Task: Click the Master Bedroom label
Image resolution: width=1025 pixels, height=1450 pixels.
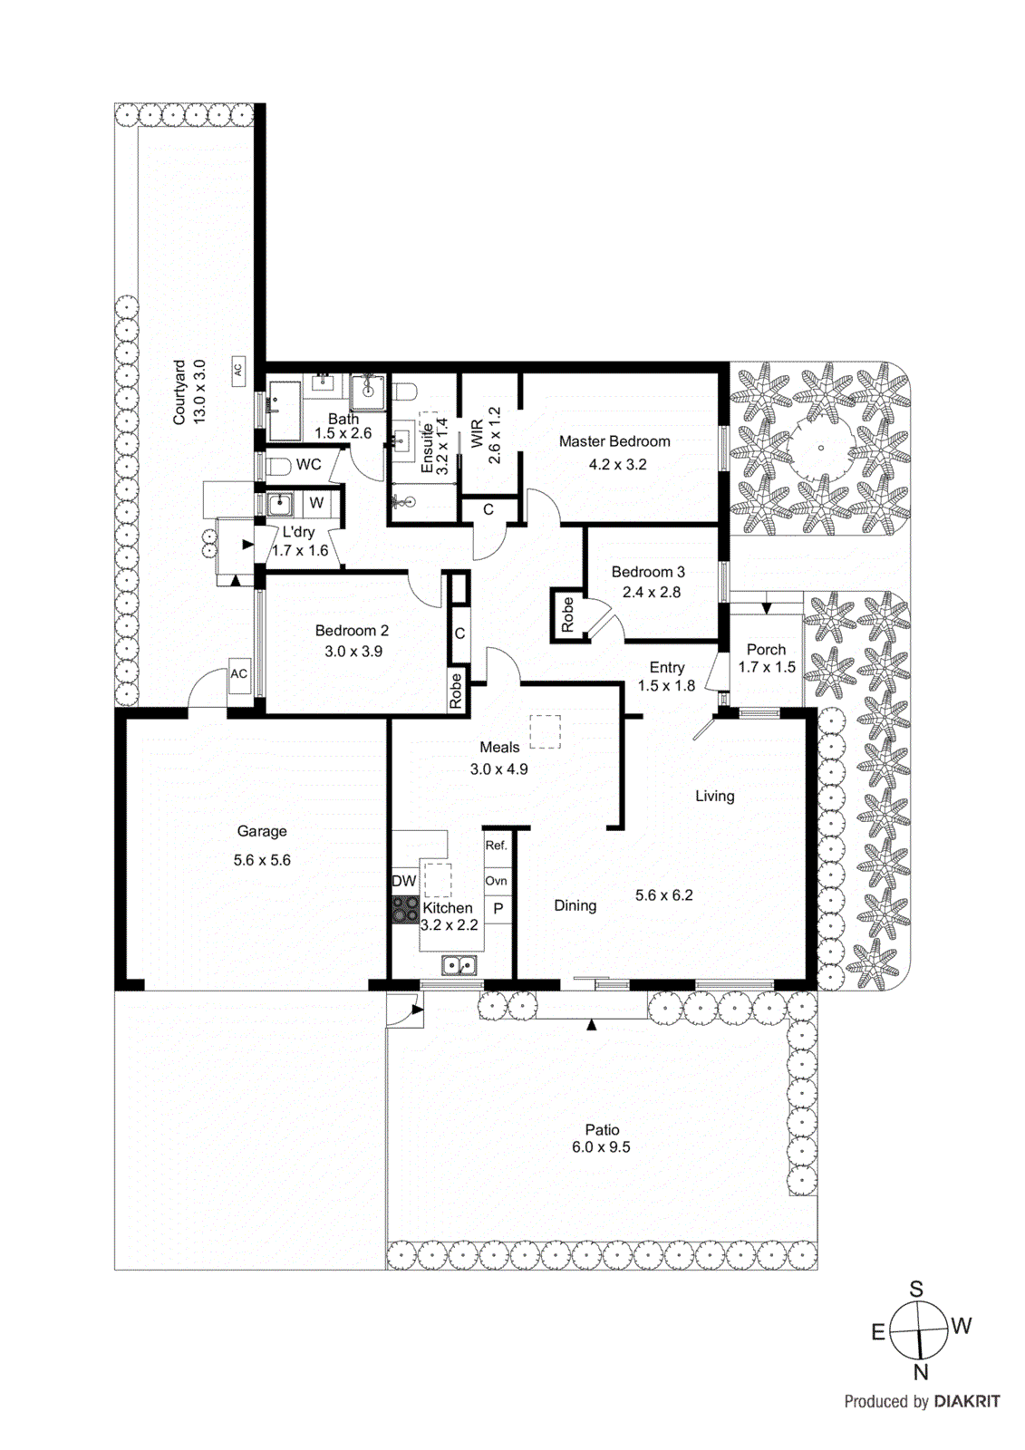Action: coord(614,441)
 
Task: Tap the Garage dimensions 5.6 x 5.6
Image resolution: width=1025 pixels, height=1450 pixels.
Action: coord(262,860)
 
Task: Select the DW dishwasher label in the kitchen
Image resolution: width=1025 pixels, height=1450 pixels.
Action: coord(403,881)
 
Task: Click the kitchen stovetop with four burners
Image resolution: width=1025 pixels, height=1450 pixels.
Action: coord(405,909)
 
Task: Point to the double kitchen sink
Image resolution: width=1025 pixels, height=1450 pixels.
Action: coord(460,965)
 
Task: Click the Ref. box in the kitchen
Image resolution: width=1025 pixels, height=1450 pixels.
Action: coord(497,846)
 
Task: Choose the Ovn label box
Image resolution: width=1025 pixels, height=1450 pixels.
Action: coord(497,881)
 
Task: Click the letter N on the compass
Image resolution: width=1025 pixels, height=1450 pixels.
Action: coord(921,1372)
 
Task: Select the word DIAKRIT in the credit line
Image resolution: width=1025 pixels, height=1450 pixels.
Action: coord(967,1402)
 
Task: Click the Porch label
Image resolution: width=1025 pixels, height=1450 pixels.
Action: coord(766,650)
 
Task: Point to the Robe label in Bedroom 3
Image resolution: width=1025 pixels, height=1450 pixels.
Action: coord(568,614)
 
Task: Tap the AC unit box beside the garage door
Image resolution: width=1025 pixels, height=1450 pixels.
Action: coord(238,674)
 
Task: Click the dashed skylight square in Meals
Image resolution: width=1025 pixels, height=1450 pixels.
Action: coord(545,731)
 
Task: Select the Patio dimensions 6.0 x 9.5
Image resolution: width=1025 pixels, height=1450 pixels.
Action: coord(601,1147)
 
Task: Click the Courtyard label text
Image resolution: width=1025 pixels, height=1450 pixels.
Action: coord(179,392)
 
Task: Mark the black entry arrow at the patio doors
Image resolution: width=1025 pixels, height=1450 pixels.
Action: coord(592,1024)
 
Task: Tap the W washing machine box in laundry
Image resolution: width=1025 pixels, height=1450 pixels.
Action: coord(316,503)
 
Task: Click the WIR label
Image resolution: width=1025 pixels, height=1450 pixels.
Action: coord(477,433)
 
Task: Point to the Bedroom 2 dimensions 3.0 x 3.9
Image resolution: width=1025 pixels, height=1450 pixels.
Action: coord(353,652)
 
